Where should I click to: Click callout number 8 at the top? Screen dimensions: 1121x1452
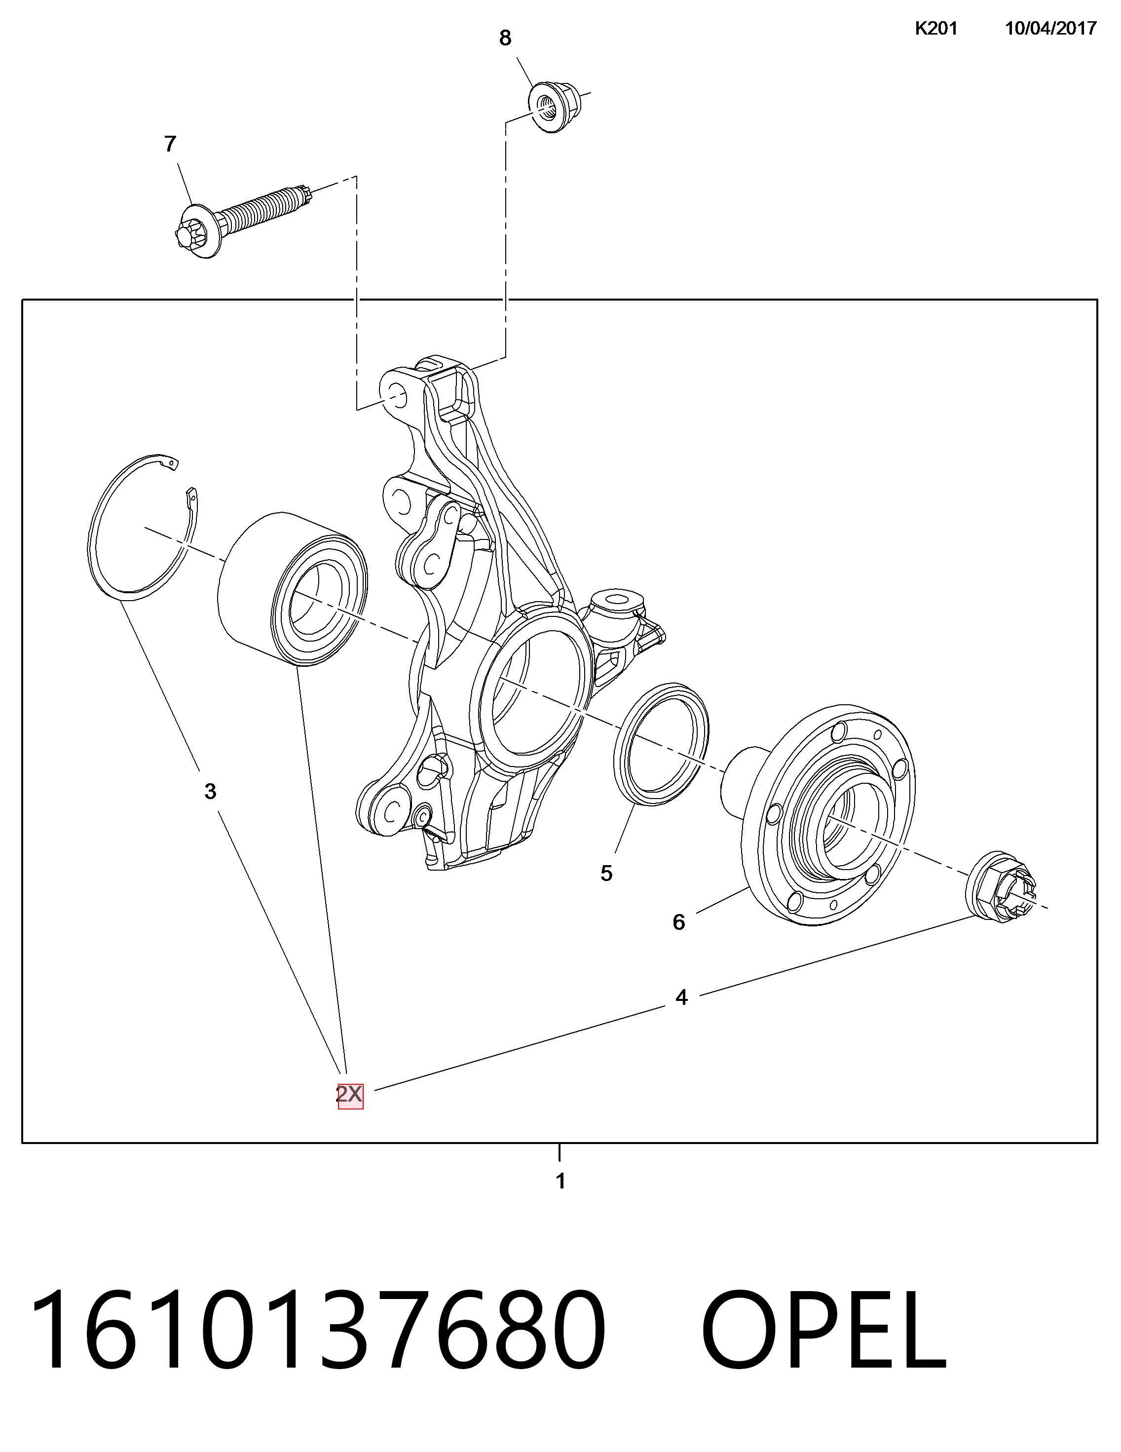click(x=505, y=38)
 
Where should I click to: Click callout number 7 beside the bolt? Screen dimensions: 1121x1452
click(x=170, y=144)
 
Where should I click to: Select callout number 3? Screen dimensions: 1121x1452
click(x=210, y=791)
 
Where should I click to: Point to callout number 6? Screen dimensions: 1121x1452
click(x=678, y=921)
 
